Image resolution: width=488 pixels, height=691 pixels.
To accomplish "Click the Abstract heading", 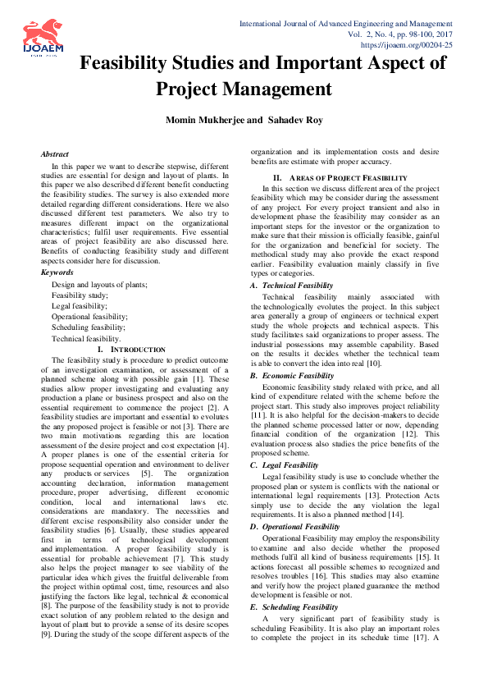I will [55, 154].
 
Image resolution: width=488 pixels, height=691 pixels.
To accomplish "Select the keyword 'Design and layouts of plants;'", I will [99, 284].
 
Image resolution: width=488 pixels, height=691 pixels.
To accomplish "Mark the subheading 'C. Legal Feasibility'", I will [285, 465].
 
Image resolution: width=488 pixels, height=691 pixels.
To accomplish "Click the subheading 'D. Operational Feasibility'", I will [295, 526].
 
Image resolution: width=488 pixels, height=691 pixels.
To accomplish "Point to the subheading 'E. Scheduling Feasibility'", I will [294, 606].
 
